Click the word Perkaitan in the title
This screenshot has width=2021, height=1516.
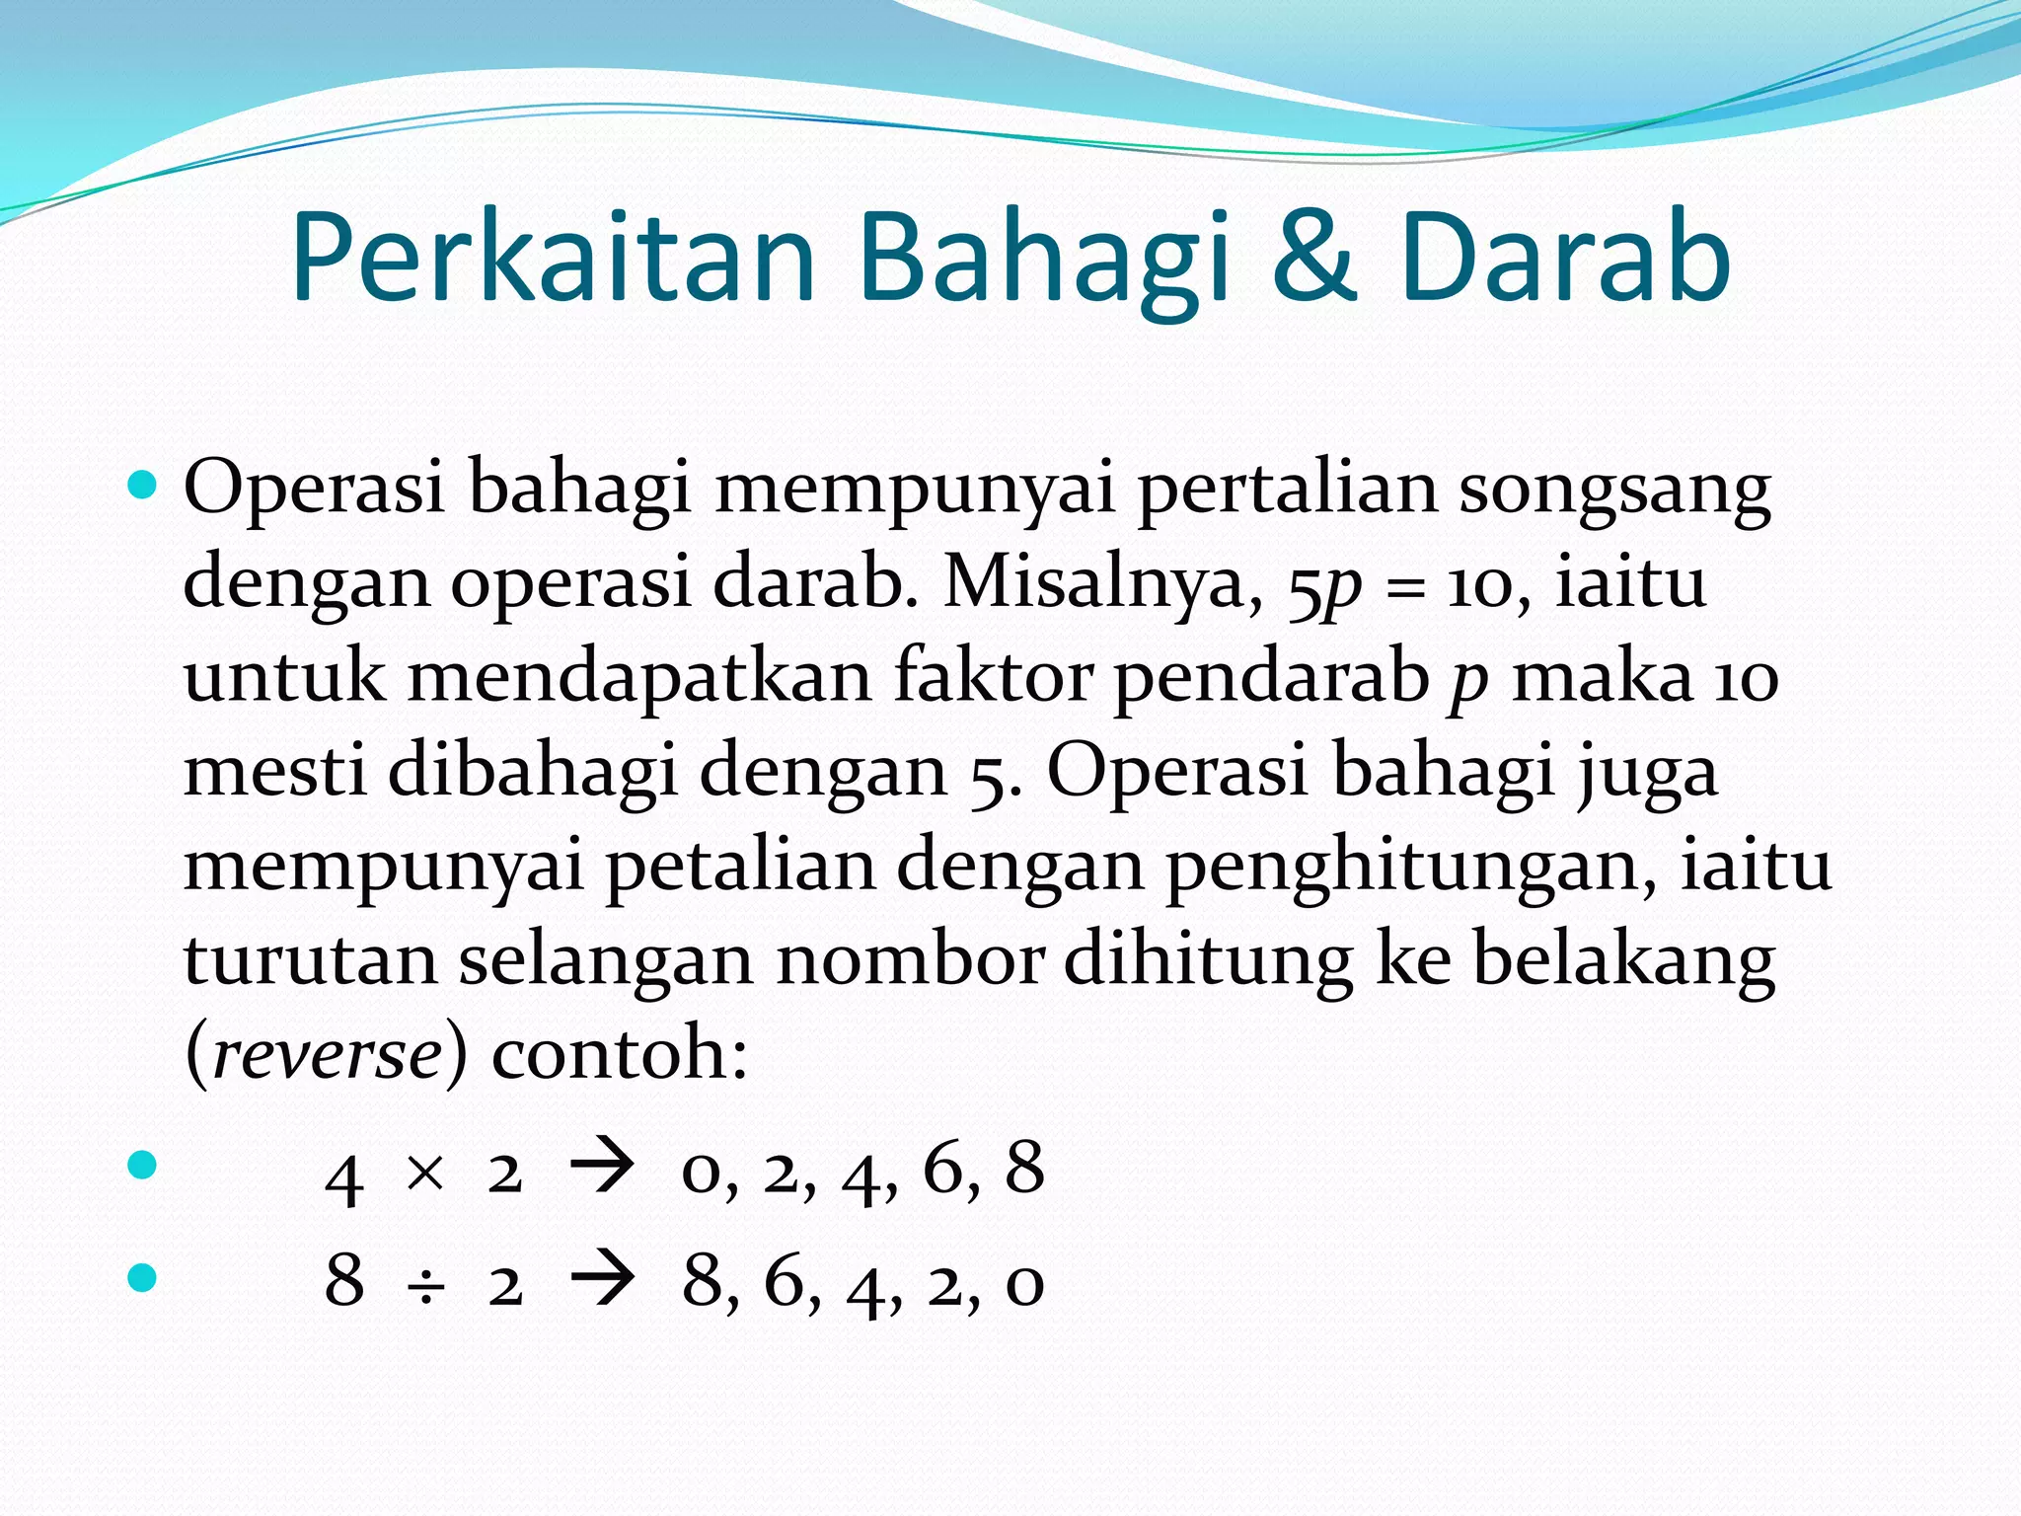[553, 259]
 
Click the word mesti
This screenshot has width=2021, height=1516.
[273, 772]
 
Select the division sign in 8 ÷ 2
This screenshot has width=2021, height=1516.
[425, 1286]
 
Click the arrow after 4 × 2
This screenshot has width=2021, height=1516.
[602, 1171]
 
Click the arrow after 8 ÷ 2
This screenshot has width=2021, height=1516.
[602, 1282]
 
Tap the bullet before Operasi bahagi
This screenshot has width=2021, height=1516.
[143, 485]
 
